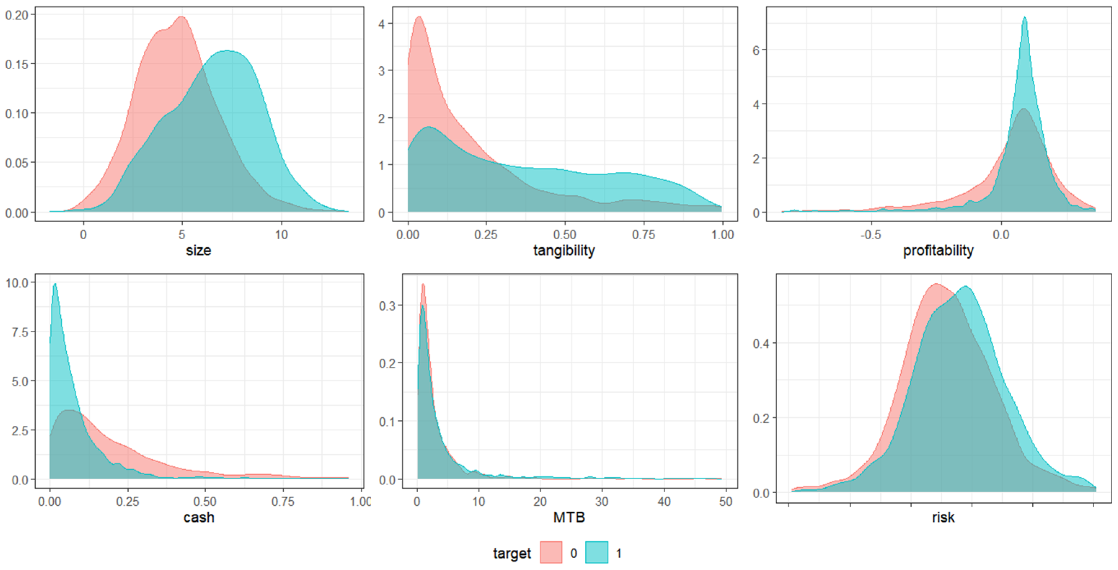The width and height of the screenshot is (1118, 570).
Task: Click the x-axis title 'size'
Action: (198, 250)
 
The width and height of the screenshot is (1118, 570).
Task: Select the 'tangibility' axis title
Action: (564, 250)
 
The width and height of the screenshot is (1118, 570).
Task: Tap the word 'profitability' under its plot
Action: (938, 250)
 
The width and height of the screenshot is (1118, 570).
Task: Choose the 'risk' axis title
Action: (943, 517)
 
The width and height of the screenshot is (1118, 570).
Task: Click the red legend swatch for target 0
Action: (551, 553)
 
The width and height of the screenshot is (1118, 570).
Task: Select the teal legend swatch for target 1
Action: (596, 553)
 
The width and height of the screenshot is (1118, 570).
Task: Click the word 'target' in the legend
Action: (512, 553)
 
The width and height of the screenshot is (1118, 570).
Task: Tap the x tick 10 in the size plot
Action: (281, 235)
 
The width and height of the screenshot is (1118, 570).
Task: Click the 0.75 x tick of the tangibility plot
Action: (643, 235)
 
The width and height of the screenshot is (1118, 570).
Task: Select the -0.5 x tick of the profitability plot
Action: (871, 235)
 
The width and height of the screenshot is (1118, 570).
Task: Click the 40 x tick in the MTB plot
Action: (664, 502)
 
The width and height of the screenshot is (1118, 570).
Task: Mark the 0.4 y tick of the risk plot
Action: (761, 344)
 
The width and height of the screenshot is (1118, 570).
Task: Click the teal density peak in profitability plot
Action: (1024, 18)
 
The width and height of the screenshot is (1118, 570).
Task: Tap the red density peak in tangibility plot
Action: (419, 17)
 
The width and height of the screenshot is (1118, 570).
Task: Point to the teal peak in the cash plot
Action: (55, 285)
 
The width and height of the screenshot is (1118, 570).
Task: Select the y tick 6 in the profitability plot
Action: (756, 50)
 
